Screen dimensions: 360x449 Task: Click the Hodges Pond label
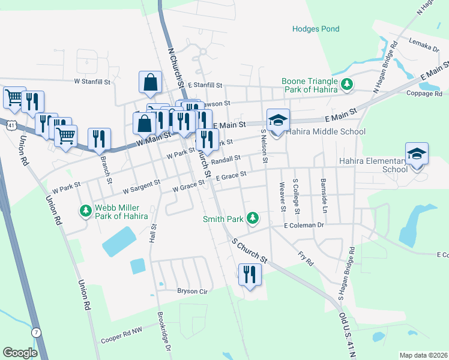315,29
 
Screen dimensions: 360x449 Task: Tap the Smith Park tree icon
253,218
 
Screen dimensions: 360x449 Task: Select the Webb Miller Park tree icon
85,211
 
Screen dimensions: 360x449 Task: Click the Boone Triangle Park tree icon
346,85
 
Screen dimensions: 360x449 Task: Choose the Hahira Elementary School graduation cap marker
417,154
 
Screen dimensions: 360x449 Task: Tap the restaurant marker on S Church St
249,275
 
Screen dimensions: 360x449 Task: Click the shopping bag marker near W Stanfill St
150,83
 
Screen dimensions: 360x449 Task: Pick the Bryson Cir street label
191,292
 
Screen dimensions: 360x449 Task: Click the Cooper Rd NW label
122,338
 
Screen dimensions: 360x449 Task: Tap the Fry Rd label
306,259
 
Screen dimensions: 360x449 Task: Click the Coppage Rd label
424,94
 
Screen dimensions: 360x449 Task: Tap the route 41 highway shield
12,125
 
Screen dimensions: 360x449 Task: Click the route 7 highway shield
37,332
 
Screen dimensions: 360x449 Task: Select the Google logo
20,353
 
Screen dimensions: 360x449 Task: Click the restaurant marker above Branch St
99,139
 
